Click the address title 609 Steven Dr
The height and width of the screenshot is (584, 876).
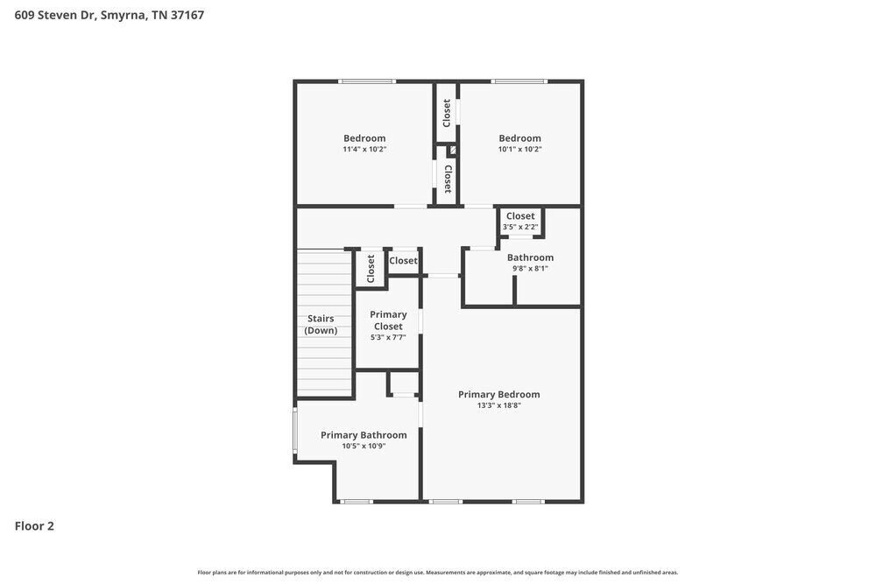pyautogui.click(x=109, y=15)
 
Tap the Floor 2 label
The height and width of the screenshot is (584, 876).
pyautogui.click(x=34, y=526)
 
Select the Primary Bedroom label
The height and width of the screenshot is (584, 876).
pyautogui.click(x=498, y=394)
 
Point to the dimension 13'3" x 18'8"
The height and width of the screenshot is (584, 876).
pyautogui.click(x=498, y=405)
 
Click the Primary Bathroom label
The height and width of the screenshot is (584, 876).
pyautogui.click(x=364, y=435)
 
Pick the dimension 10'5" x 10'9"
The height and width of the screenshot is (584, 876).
pyautogui.click(x=364, y=446)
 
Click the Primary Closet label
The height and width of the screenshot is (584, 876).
pyautogui.click(x=388, y=320)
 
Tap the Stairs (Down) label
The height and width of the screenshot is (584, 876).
pyautogui.click(x=321, y=325)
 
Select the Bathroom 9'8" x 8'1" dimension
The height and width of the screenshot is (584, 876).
pyautogui.click(x=530, y=269)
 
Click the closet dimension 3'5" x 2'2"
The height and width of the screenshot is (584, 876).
pyautogui.click(x=519, y=227)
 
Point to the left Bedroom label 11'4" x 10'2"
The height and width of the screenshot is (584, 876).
pyautogui.click(x=364, y=138)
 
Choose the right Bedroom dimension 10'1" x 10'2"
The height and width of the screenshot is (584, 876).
pyautogui.click(x=519, y=149)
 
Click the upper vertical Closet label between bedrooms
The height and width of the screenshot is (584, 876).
pyautogui.click(x=447, y=112)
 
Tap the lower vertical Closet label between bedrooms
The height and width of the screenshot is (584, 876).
pyautogui.click(x=448, y=179)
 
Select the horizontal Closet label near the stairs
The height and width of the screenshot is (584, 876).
pyautogui.click(x=404, y=261)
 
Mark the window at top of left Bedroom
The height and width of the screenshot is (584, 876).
pyautogui.click(x=367, y=81)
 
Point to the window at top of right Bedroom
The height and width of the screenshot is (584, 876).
pyautogui.click(x=519, y=81)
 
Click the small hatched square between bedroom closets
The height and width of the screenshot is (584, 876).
pyautogui.click(x=452, y=151)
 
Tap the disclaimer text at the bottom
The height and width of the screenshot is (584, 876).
pyautogui.click(x=438, y=572)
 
